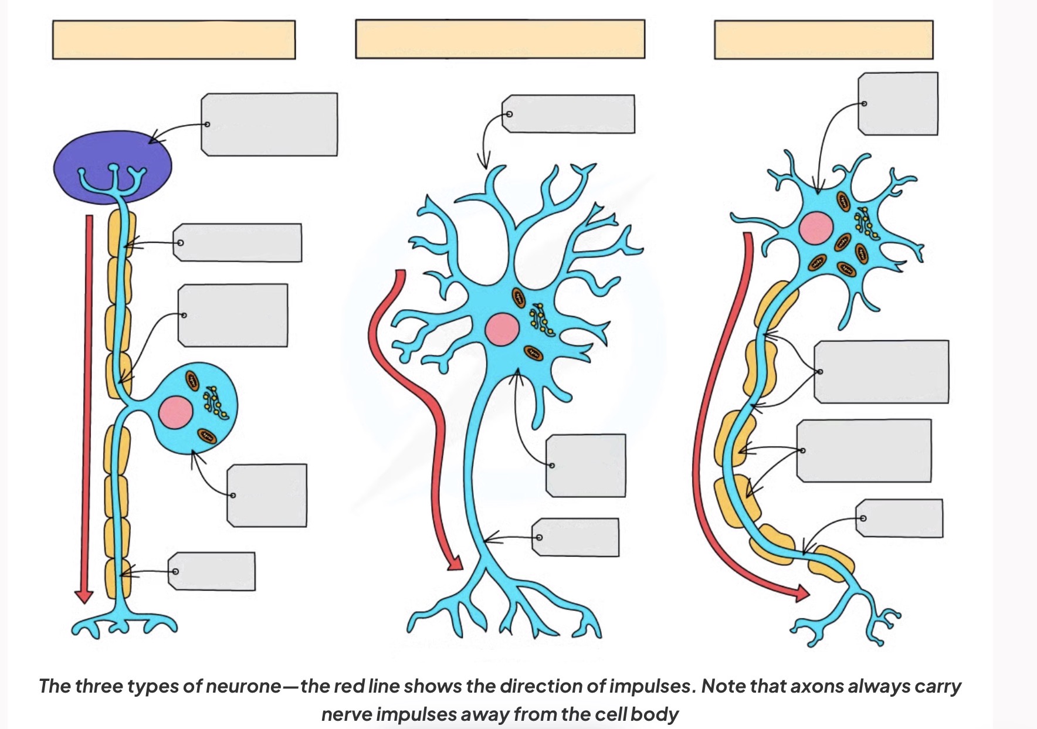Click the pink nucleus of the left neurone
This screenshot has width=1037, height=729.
coord(176,412)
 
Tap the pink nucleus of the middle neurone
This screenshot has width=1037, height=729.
coord(502,330)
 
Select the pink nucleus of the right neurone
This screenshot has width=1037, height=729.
coord(816,228)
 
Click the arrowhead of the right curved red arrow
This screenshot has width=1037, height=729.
coord(801,594)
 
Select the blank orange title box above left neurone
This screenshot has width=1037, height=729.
coord(174,40)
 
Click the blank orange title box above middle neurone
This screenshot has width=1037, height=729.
coord(500,39)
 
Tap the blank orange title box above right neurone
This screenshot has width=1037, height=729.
coord(823,40)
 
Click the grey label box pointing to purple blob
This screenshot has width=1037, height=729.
coord(270,124)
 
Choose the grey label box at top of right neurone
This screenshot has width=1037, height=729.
coord(898,104)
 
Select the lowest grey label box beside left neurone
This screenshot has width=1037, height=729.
coord(212,571)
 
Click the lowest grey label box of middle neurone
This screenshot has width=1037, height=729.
coord(576,537)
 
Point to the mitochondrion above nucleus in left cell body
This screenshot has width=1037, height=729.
coord(193,380)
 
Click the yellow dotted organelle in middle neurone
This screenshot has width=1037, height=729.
coord(542,320)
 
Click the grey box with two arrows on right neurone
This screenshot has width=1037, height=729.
coord(882,372)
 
